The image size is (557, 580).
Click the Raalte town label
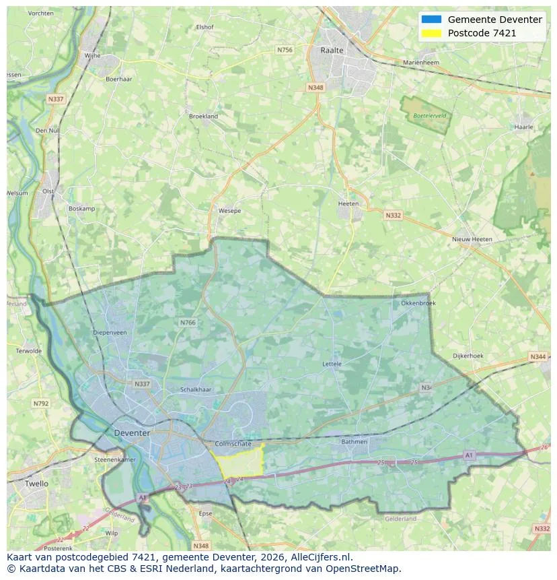(332, 51)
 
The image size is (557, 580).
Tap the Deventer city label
(132, 432)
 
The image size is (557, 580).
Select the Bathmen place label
(355, 442)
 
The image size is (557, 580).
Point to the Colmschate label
(233, 444)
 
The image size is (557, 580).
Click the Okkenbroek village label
(418, 303)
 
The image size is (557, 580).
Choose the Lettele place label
(332, 364)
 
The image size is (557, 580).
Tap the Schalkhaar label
(196, 390)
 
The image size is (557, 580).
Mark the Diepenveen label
(110, 332)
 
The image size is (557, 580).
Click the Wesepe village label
(229, 211)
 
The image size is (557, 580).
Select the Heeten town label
(348, 203)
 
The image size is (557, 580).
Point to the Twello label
(36, 484)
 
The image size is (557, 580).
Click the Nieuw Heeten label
(472, 239)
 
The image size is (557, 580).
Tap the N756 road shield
(285, 50)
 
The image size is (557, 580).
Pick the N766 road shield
(188, 323)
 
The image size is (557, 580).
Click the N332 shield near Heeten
(393, 216)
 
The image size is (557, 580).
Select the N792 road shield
(40, 404)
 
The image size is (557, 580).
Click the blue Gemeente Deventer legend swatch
(431, 20)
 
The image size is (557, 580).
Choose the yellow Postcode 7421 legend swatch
(431, 33)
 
